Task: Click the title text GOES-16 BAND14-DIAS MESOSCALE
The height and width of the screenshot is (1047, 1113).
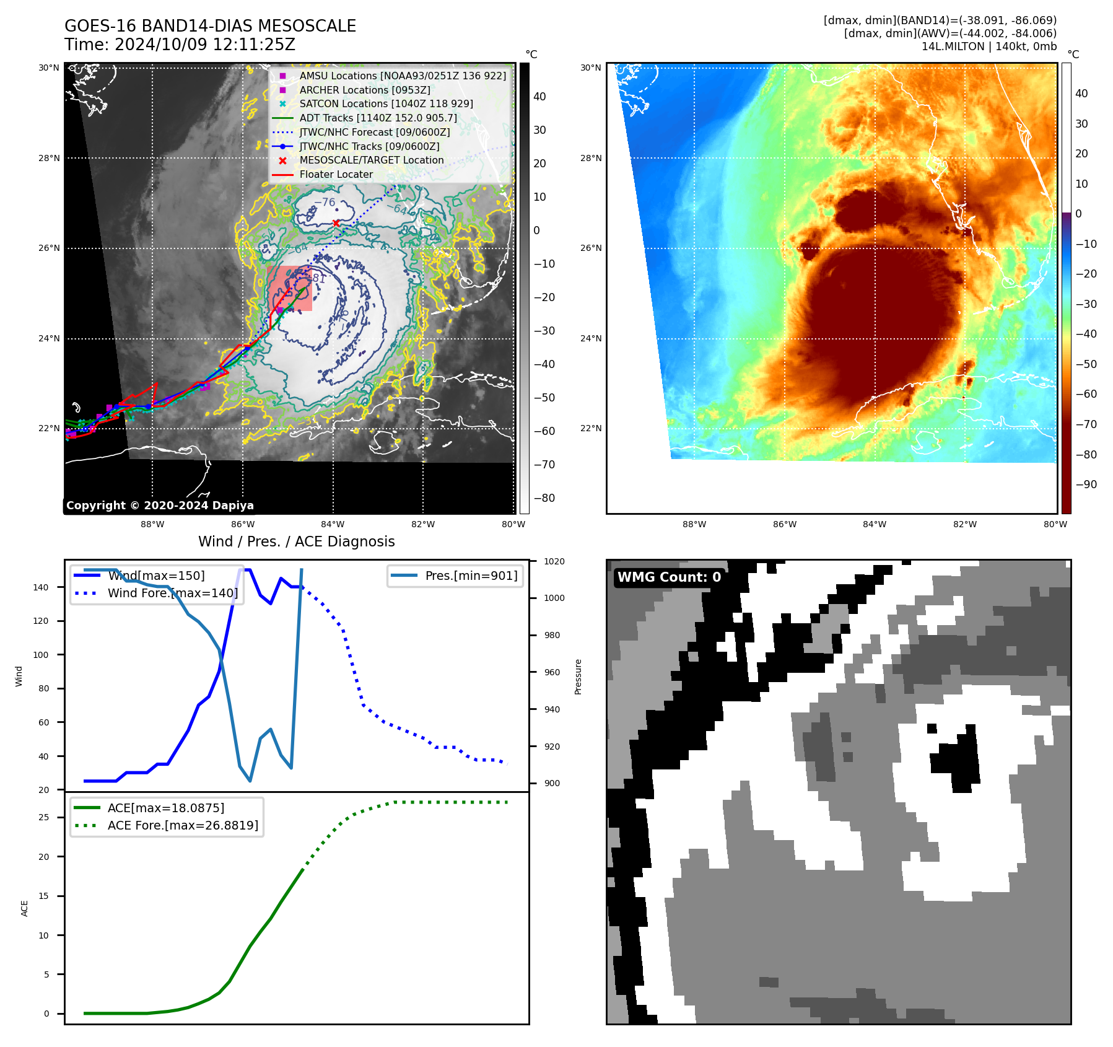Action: point(210,26)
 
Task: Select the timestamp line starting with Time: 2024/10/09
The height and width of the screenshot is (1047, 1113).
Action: point(180,45)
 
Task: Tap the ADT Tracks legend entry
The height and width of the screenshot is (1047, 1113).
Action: point(378,118)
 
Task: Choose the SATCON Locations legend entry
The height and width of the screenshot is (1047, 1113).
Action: point(386,103)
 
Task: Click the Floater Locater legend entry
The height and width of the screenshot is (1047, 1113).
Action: point(336,174)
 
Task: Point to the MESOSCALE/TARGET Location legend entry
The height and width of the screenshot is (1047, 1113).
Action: point(371,160)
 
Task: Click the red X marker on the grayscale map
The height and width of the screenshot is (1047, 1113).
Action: point(336,223)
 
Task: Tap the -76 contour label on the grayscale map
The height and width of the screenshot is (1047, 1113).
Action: point(325,203)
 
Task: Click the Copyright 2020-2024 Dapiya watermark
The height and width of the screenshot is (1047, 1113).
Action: point(160,506)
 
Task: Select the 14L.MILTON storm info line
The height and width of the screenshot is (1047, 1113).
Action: point(989,46)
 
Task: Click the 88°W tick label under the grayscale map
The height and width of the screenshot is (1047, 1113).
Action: point(152,524)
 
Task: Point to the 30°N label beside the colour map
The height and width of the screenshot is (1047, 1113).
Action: point(590,68)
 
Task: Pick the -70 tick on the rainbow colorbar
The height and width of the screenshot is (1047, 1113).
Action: point(1086,424)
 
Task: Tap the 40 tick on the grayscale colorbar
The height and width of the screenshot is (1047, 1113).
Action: point(539,97)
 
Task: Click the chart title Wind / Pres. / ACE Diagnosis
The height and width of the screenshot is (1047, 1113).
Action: point(296,541)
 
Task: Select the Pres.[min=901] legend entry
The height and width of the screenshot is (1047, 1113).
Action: point(471,576)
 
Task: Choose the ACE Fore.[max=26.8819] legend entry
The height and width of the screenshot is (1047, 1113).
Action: point(183,825)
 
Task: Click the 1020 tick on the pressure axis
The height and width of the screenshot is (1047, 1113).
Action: point(554,561)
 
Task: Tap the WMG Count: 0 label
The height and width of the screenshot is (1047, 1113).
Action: point(669,577)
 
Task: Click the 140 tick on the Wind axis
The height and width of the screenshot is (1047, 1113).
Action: point(41,587)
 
